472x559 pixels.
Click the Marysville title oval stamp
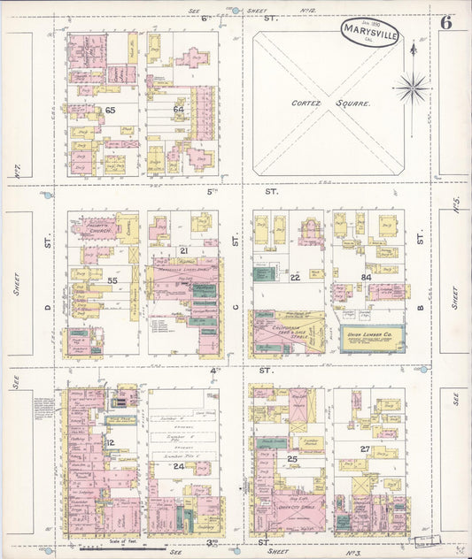point(369,36)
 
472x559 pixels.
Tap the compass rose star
point(412,87)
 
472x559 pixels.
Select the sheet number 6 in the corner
point(445,23)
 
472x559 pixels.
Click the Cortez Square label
point(332,103)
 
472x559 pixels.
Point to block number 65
point(111,111)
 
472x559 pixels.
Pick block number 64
point(178,110)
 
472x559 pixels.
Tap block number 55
point(112,279)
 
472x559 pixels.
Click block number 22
point(295,278)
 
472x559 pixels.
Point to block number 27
point(364,449)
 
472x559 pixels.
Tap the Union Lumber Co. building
point(372,337)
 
